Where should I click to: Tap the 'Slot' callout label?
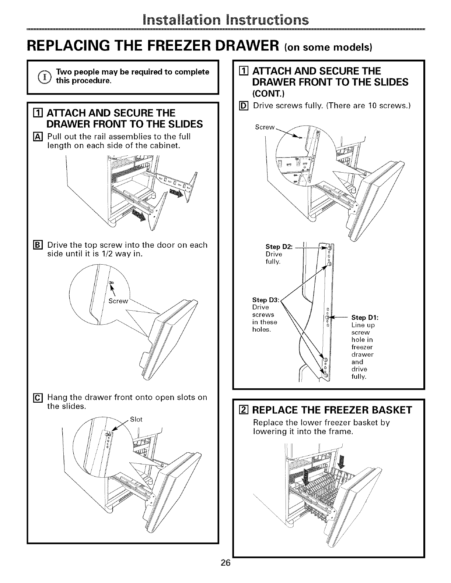coord(136,420)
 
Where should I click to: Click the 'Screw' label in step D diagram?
coord(265,127)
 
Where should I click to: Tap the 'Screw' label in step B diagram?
coord(118,301)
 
